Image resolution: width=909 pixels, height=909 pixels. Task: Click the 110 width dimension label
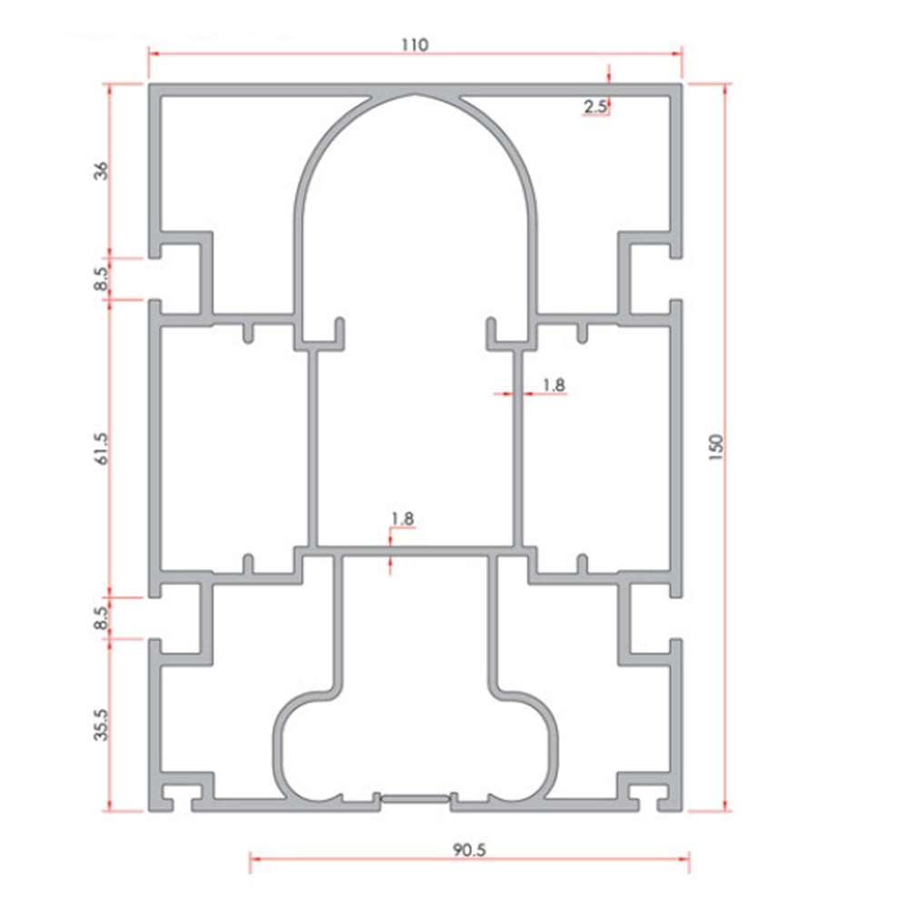[x=415, y=45]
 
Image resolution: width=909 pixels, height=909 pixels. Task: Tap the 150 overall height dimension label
[x=716, y=447]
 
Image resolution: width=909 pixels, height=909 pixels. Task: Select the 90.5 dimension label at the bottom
[x=469, y=850]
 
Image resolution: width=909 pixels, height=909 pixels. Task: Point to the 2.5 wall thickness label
[x=594, y=106]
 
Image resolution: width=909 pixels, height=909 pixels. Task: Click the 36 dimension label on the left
[x=101, y=171]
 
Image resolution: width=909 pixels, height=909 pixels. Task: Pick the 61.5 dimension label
[x=101, y=449]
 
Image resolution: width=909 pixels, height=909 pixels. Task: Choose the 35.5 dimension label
[x=101, y=724]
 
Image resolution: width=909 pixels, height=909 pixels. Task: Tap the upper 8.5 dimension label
[x=101, y=279]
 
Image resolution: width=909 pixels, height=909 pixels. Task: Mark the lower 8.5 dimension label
[x=101, y=618]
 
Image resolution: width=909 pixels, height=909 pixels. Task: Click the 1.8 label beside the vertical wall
[x=553, y=385]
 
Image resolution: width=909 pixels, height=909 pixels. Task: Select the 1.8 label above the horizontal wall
[x=403, y=518]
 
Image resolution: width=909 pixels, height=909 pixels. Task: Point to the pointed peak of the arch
[x=415, y=95]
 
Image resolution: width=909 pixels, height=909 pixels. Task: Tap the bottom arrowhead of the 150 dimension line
[x=724, y=806]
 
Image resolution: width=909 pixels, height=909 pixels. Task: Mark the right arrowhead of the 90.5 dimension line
[x=684, y=858]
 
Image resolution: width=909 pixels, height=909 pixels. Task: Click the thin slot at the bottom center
[x=415, y=799]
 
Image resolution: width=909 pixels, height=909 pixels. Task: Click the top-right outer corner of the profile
[x=682, y=85]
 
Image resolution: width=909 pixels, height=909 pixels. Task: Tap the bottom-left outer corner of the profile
[x=150, y=811]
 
